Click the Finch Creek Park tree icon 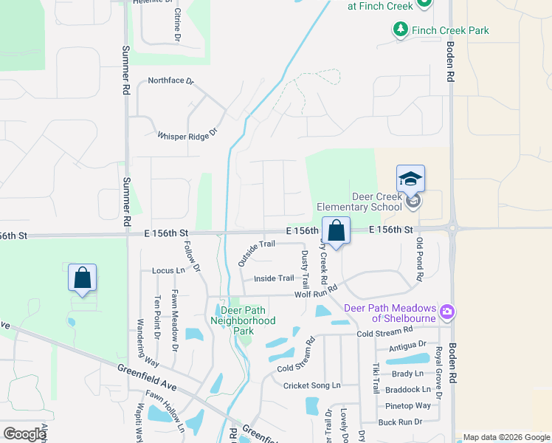click(400, 30)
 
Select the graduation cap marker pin click(410, 179)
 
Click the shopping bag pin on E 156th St click(336, 231)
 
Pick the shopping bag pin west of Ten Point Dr click(83, 278)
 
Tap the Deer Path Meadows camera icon click(446, 312)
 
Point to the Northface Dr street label click(170, 80)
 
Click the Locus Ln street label click(168, 271)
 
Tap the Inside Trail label click(274, 278)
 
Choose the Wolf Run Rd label click(315, 292)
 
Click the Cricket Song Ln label click(312, 385)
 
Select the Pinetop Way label click(408, 406)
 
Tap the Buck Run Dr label click(400, 422)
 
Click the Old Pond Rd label click(419, 259)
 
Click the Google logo click(24, 434)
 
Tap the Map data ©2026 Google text click(505, 437)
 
